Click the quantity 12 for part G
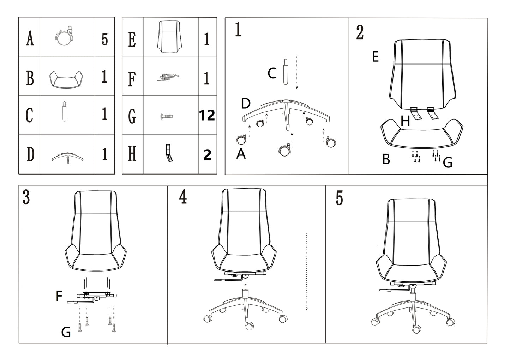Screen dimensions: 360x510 click(207, 115)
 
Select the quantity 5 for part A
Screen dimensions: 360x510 click(104, 39)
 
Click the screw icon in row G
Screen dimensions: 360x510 click(167, 116)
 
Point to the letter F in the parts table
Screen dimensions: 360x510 click(132, 79)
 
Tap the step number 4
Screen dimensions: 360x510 click(183, 197)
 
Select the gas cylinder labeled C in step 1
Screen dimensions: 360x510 click(285, 71)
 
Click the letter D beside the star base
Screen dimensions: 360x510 click(246, 104)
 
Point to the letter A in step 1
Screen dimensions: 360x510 click(241, 154)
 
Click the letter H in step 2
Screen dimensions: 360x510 click(406, 122)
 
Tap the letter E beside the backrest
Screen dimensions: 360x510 click(376, 57)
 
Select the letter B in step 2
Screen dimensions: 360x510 click(386, 160)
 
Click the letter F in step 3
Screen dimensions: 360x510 click(59, 296)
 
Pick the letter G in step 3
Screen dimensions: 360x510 click(66, 332)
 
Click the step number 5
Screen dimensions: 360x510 click(339, 198)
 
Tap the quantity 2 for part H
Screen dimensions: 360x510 click(207, 155)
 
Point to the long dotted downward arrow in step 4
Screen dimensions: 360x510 click(306, 271)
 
